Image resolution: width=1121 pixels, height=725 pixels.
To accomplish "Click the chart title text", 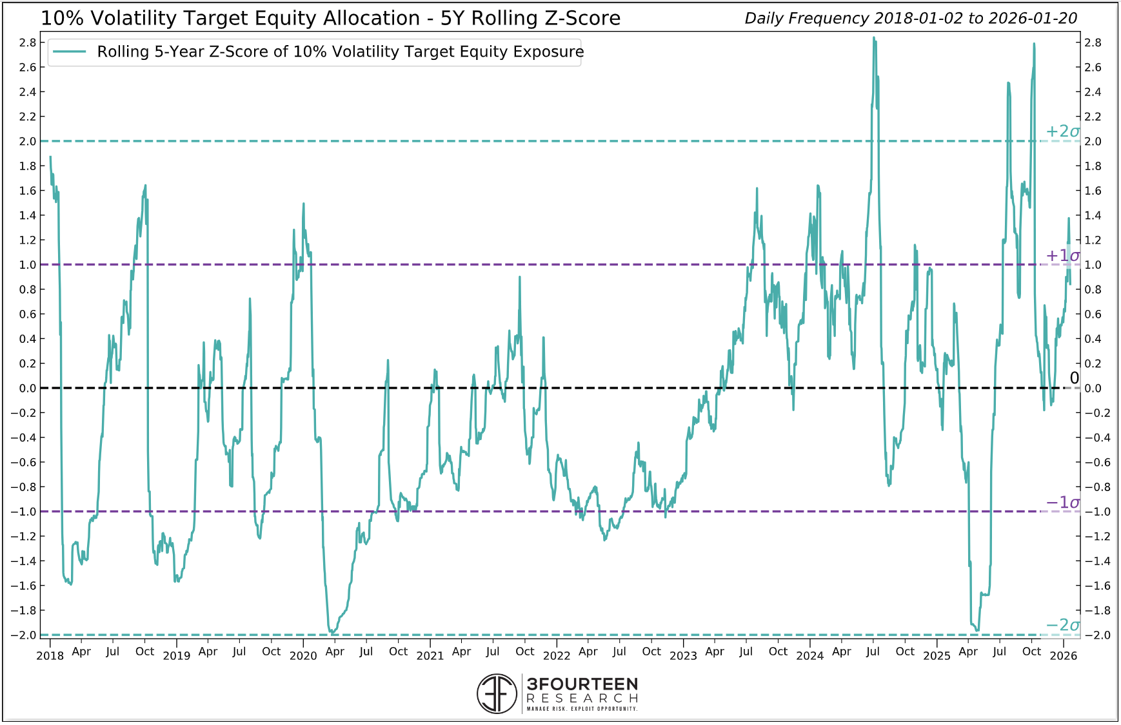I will click(330, 18).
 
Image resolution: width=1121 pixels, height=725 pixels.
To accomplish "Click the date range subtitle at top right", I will click(911, 18).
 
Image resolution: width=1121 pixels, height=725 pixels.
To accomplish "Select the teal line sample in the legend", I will click(70, 52).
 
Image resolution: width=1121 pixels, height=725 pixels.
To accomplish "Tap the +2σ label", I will click(1062, 131).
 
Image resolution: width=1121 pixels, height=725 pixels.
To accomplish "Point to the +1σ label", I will click(1062, 255).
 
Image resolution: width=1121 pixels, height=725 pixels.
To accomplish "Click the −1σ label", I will click(1062, 503).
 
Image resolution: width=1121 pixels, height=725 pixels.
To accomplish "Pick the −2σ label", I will click(1062, 625).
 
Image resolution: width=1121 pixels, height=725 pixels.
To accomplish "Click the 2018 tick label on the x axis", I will click(50, 656).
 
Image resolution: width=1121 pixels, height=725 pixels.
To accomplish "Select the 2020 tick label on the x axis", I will click(303, 656).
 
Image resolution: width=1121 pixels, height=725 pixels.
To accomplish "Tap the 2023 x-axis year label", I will click(683, 656).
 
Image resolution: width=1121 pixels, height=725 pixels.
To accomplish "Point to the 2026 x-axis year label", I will click(1064, 656).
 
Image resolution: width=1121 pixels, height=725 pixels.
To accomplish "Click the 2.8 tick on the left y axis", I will click(28, 43).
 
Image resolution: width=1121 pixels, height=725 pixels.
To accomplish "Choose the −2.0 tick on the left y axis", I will click(24, 635).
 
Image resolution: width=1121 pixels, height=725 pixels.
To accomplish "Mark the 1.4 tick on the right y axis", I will click(1093, 215).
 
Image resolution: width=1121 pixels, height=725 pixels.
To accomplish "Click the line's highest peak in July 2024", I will click(874, 38).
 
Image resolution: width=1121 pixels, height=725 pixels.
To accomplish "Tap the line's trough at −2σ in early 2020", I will click(332, 633).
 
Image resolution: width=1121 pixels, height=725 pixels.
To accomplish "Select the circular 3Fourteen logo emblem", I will click(497, 694).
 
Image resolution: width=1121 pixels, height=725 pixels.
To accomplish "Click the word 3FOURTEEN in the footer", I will click(582, 684).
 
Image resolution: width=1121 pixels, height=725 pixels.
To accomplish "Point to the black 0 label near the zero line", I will click(1074, 378).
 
